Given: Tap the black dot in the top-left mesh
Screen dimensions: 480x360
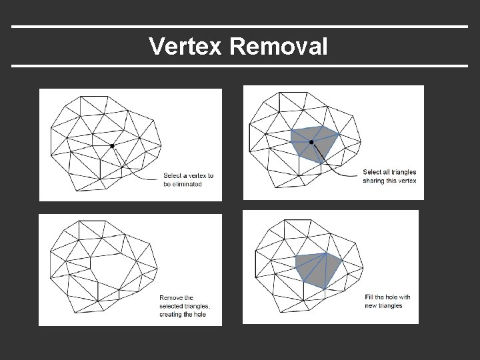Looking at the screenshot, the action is [112, 145].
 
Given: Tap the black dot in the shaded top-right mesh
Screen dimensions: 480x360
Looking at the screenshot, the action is [311, 142].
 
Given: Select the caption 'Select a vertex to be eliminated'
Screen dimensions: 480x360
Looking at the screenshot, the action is [189, 180].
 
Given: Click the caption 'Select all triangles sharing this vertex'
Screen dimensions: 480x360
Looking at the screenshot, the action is [389, 175].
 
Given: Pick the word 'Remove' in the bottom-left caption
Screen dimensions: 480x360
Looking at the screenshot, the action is [170, 297].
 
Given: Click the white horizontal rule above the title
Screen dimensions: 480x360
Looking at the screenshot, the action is [240, 27].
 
